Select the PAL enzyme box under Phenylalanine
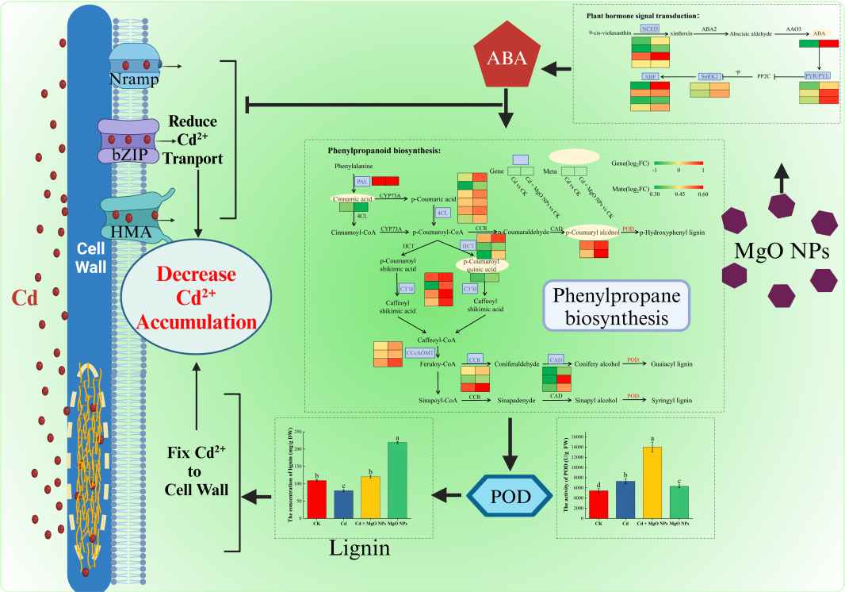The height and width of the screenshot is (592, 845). [361, 182]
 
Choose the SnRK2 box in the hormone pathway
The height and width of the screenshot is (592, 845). [708, 76]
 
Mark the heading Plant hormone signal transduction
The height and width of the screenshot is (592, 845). [643, 15]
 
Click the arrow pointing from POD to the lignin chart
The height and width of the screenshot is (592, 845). [449, 497]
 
